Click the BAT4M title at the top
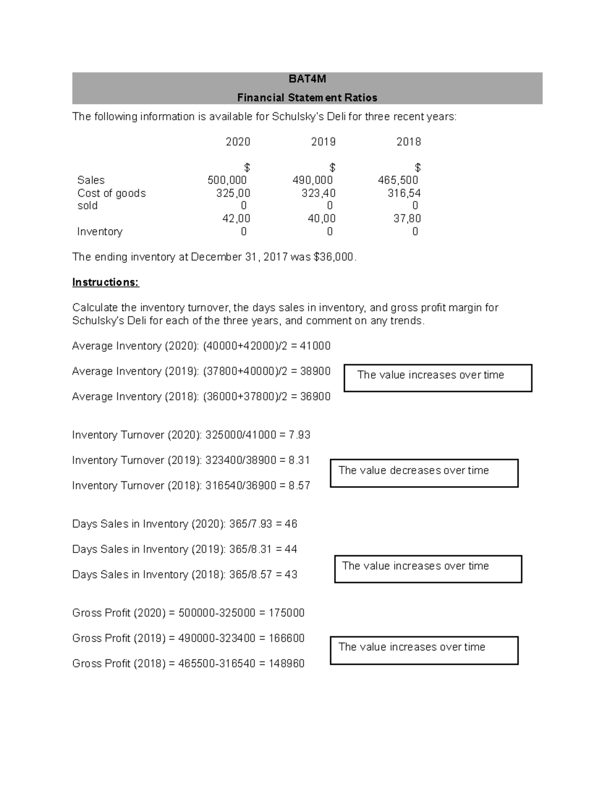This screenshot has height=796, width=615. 307,79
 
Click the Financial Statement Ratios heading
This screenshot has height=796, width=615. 307,97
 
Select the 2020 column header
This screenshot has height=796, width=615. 238,142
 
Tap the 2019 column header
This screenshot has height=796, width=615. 323,142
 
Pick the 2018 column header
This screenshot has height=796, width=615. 408,142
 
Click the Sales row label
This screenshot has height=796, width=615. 91,180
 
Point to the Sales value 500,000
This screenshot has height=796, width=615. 227,180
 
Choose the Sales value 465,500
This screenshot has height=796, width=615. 398,180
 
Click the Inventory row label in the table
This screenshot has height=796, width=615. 100,232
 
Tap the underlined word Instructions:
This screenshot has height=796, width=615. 106,282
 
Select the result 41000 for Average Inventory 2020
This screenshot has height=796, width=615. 315,346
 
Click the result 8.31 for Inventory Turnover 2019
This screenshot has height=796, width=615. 299,460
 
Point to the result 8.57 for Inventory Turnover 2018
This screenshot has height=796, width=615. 299,486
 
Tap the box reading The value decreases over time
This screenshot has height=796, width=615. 424,473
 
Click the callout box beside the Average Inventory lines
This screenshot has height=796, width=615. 438,378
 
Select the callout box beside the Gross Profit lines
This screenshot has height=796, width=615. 424,650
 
